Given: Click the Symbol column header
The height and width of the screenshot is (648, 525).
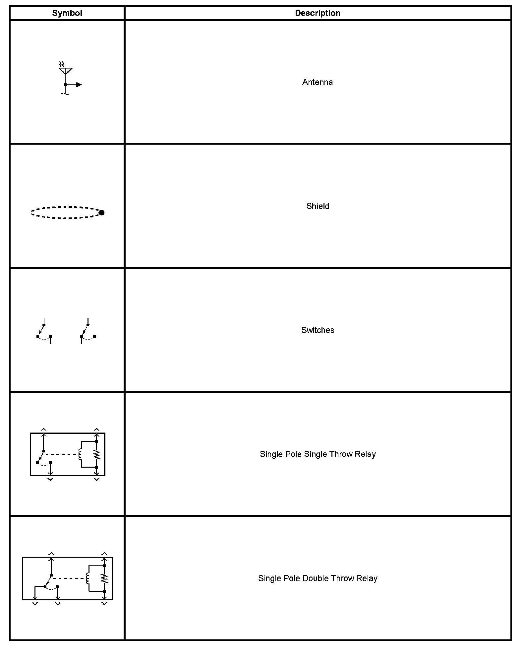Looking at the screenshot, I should pos(67,13).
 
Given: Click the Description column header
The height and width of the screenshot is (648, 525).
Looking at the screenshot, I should pos(318,13).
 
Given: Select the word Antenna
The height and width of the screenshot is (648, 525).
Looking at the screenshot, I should pos(317,82).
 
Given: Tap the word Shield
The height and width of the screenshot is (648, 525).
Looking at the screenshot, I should pos(318,206).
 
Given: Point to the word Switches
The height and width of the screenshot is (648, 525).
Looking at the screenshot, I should pos(318,330).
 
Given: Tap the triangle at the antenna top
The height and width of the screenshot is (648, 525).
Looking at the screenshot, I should pos(66,71).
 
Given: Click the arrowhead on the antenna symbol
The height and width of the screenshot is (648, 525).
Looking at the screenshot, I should pos(79,85).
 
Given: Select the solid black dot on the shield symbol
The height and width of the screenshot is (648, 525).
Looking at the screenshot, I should pos(101,212).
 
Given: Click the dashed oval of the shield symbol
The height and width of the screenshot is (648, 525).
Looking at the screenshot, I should pos(65,208).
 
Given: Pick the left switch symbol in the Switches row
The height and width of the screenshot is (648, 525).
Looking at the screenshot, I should pos(44,331).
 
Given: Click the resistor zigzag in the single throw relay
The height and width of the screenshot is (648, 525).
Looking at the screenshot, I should pos(97,454).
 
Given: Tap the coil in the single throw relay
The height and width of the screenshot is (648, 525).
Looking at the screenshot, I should pos(80,454).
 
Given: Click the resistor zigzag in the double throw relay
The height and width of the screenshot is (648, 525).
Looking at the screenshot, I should pos(104,579).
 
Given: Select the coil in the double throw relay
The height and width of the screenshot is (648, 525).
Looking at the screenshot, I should pos(87,579).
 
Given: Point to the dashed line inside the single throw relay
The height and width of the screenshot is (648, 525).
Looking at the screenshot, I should pos(61,454).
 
